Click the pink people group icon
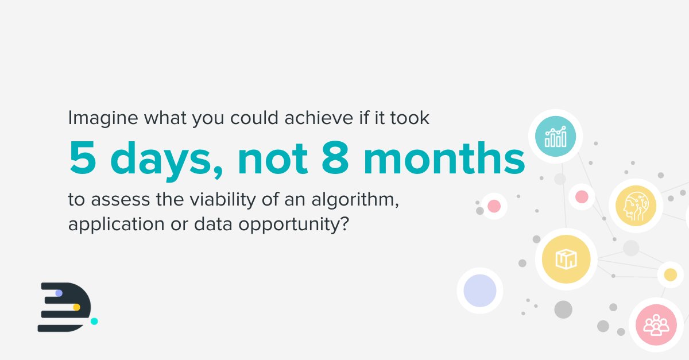(x=656, y=325)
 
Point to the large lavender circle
(x=479, y=290)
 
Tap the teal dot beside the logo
(x=94, y=321)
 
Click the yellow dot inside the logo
(x=76, y=307)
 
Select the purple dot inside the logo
(x=59, y=293)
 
